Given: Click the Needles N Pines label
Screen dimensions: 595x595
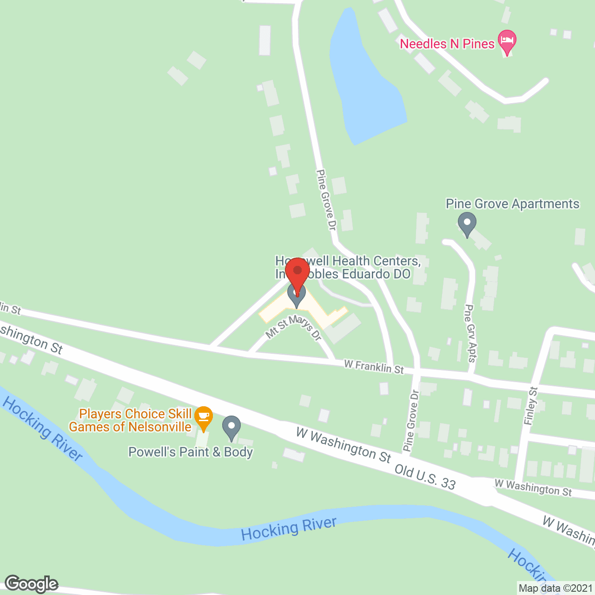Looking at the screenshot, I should click(447, 44).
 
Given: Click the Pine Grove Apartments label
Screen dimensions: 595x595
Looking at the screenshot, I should click(512, 204).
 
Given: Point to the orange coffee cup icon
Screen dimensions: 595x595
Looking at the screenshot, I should click(203, 417).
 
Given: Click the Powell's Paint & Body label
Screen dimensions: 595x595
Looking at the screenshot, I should click(191, 452).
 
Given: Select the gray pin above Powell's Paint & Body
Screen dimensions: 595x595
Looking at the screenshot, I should click(231, 428).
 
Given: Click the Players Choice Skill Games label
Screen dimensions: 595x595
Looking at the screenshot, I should click(130, 420).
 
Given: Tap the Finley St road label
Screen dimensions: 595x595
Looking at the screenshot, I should click(530, 405).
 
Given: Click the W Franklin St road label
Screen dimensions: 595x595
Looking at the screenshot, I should click(374, 367).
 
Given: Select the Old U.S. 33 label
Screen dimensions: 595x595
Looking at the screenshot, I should click(425, 476).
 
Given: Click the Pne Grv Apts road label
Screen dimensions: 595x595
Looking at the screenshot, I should click(471, 333).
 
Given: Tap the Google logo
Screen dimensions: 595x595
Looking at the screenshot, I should click(32, 584).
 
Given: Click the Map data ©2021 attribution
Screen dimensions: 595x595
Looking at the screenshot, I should click(555, 588).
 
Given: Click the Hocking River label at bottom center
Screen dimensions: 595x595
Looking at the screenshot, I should click(289, 529).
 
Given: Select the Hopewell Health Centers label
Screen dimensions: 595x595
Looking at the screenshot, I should click(348, 267).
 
